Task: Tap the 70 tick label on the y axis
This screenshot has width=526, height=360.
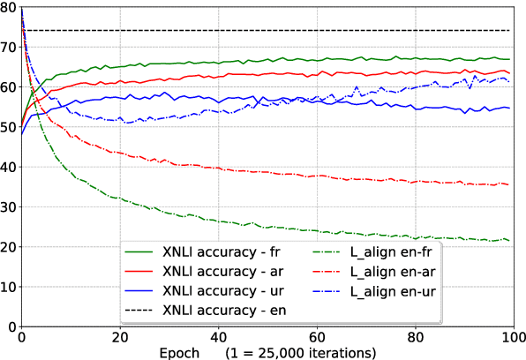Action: pyautogui.click(x=8, y=47)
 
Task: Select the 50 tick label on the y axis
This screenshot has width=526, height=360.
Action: pyautogui.click(x=8, y=127)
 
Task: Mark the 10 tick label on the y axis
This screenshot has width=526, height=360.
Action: pyautogui.click(x=8, y=287)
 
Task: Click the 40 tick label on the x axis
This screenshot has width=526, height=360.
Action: pyautogui.click(x=219, y=338)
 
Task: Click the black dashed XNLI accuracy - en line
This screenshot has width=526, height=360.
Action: pyautogui.click(x=265, y=31)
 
